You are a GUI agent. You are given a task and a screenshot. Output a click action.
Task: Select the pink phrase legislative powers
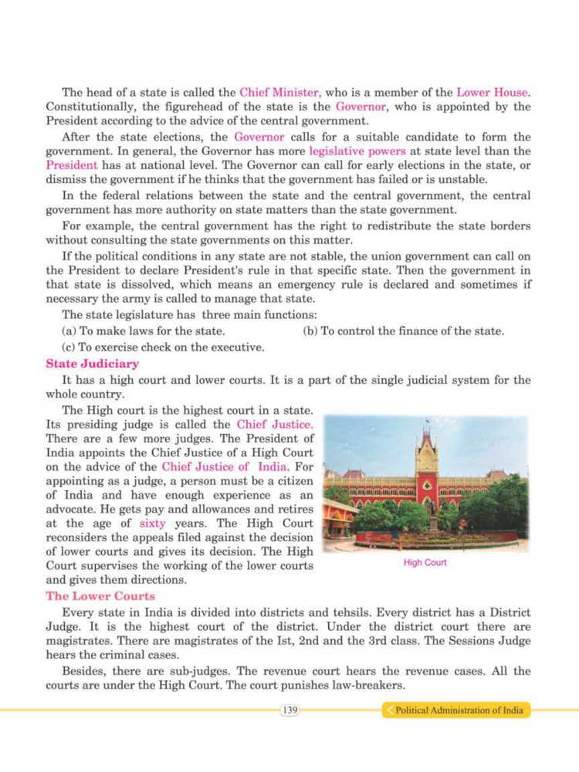click(x=348, y=151)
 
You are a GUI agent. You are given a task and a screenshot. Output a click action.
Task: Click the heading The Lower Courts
click(x=100, y=596)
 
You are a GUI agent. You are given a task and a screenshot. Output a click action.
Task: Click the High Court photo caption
click(x=425, y=564)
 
